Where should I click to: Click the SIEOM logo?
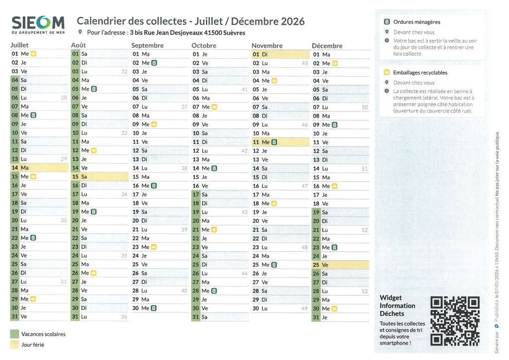(38, 24)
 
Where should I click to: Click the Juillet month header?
(20, 45)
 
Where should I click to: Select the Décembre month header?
(327, 46)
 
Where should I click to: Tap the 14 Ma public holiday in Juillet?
(39, 168)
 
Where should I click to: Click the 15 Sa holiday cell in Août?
(99, 177)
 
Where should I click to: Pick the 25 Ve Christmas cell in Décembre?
(340, 265)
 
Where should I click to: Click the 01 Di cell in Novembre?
(280, 54)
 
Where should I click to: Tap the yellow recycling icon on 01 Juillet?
(33, 54)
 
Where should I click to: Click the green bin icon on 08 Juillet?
(33, 115)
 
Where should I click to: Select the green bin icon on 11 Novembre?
(274, 142)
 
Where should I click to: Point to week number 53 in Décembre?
(364, 291)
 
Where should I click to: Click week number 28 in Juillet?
(64, 97)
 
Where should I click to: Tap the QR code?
(455, 321)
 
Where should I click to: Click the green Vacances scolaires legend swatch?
(14, 334)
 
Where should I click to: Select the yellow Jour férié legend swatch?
(14, 345)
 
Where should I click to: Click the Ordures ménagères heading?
(417, 22)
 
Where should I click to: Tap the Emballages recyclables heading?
(420, 73)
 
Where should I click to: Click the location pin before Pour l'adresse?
(81, 32)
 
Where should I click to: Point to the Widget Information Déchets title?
(397, 305)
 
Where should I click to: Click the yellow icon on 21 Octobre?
(214, 230)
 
